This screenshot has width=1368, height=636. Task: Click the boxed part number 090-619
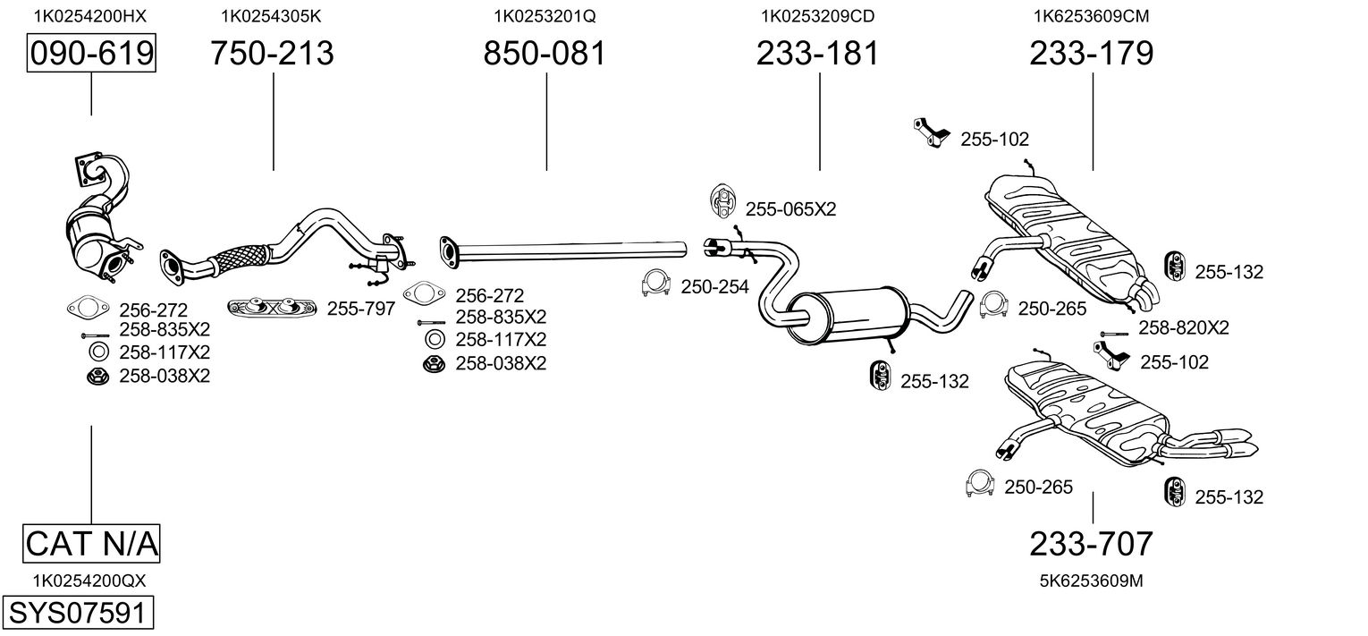click(91, 53)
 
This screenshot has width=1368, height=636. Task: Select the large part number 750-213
click(273, 53)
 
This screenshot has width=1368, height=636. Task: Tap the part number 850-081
click(545, 53)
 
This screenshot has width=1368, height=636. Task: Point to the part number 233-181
click(818, 53)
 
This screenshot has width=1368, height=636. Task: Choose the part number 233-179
click(1092, 53)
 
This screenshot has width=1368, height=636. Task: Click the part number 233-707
click(1092, 544)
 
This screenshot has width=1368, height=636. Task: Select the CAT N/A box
click(91, 543)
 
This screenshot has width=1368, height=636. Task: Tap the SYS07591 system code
click(78, 612)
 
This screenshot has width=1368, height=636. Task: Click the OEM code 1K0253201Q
click(545, 16)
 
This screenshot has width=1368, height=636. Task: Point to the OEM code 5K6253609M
click(1092, 581)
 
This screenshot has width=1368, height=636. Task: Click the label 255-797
click(361, 309)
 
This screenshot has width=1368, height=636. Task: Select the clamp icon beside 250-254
click(656, 283)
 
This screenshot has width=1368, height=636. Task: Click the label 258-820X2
click(1184, 328)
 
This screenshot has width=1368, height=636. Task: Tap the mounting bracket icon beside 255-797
click(272, 308)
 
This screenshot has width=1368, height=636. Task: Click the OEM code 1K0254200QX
click(89, 581)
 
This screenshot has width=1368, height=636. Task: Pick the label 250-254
click(714, 286)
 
